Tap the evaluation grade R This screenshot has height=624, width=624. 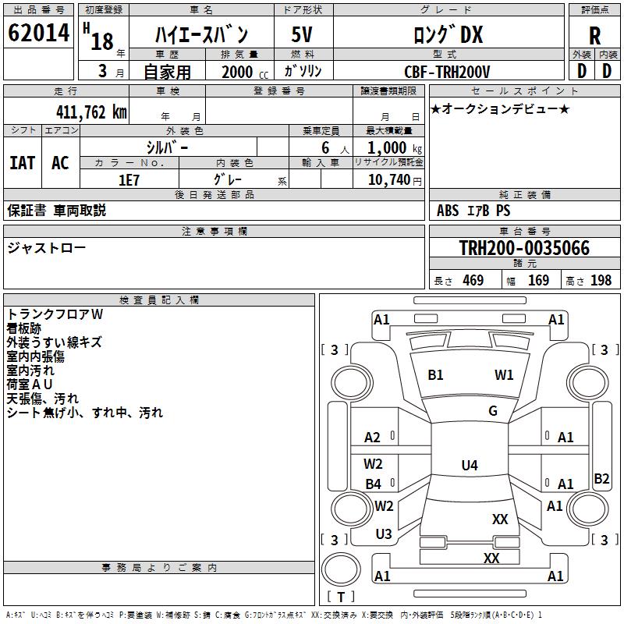(x=594, y=36)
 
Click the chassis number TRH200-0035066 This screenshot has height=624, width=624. (x=524, y=248)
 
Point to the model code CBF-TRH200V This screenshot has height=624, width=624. (x=448, y=72)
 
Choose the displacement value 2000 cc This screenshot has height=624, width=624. (x=239, y=72)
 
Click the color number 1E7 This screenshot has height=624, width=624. (x=129, y=179)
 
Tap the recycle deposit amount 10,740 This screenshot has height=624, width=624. (x=388, y=179)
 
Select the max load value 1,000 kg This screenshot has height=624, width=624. (x=388, y=147)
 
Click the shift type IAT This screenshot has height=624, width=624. (x=22, y=163)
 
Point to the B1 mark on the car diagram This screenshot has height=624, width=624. (x=435, y=375)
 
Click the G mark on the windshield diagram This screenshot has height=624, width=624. (x=493, y=411)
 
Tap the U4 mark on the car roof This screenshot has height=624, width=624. (x=469, y=466)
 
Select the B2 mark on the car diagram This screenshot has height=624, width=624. (x=601, y=479)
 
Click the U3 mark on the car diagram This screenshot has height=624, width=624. (x=384, y=534)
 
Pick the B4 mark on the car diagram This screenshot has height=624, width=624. (x=374, y=484)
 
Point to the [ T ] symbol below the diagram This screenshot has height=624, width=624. (x=340, y=597)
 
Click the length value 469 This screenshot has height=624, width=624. (x=473, y=281)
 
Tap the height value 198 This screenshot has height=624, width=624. (x=601, y=281)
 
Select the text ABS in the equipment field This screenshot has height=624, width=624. (x=448, y=211)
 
